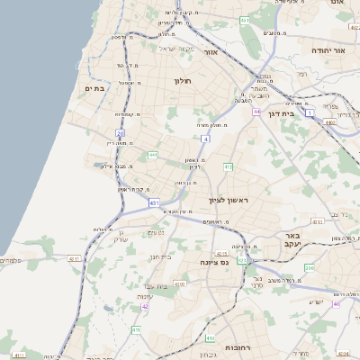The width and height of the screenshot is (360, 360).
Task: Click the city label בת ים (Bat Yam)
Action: point(95,88)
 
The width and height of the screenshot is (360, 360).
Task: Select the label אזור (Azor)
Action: point(211,52)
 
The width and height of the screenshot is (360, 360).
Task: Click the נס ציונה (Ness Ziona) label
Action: point(215,261)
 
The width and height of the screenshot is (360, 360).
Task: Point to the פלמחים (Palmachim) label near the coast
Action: point(12,261)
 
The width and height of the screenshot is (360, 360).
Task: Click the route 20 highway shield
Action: point(120,133)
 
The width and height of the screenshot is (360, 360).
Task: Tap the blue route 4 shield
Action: point(206,139)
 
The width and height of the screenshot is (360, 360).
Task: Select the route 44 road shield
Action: point(256,112)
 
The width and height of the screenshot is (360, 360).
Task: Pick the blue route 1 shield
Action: point(309,112)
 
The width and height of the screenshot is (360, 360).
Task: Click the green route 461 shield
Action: point(245,20)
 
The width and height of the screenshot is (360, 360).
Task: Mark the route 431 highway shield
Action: point(155,203)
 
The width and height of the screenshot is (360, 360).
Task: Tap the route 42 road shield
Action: point(145,306)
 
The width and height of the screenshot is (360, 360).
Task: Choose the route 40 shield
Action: point(337,303)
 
